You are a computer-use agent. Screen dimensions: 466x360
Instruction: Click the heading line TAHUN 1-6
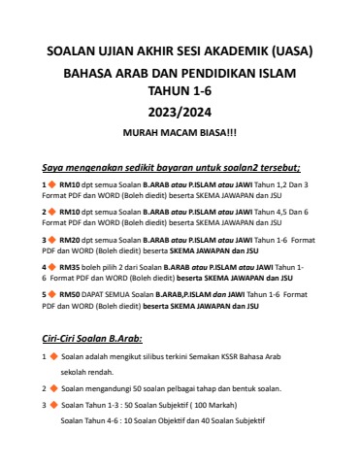tap(179, 89)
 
